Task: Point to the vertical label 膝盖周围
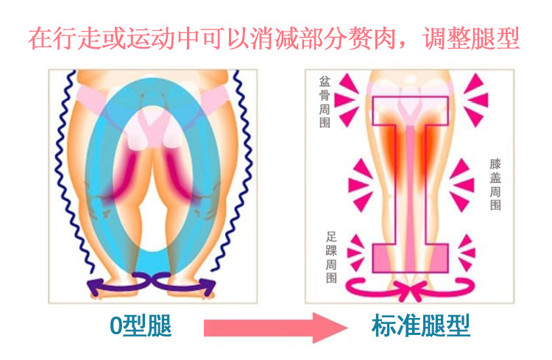pos(495,184)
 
